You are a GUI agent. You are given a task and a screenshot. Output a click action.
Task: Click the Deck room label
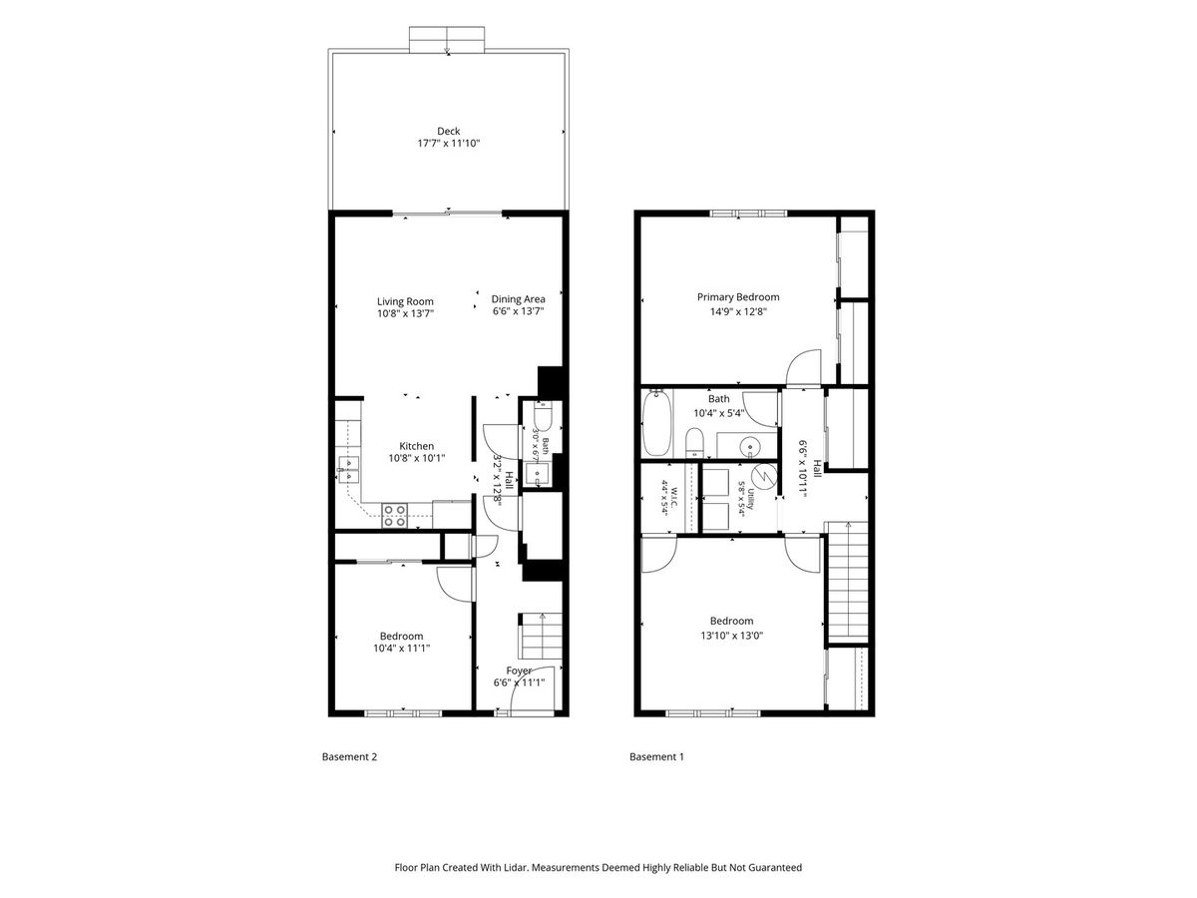(448, 132)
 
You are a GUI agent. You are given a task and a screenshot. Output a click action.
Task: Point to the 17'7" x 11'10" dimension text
(448, 144)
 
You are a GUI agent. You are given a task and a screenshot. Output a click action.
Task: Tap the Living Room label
(405, 301)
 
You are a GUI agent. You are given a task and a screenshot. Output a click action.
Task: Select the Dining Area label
(518, 299)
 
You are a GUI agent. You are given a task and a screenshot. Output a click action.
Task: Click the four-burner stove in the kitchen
(394, 516)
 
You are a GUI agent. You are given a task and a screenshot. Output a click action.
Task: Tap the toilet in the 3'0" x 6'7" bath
(543, 415)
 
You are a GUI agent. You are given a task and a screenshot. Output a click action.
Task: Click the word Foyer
(519, 672)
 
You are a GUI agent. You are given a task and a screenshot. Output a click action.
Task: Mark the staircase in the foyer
(540, 637)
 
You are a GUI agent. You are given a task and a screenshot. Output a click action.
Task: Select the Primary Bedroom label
(738, 297)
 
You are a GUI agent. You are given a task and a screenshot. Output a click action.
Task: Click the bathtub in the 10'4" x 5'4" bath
(656, 423)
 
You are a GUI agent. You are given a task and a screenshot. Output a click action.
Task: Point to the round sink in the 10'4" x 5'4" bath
(750, 448)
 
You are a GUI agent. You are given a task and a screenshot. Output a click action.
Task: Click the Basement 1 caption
(656, 756)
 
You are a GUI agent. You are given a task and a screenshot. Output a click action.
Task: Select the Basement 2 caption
(349, 756)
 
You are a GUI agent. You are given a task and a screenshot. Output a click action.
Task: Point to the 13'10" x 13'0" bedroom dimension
(731, 636)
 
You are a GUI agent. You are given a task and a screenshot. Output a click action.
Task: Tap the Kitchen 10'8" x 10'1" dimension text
(417, 459)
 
